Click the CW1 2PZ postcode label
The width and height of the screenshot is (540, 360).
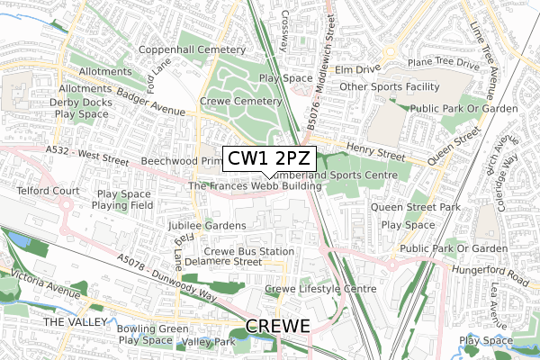[264, 159]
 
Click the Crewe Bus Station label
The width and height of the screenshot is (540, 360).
[249, 251]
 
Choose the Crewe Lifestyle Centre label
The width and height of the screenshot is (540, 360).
[320, 289]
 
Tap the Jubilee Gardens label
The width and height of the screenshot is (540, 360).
[206, 225]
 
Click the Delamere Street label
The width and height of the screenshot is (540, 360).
[229, 262]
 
